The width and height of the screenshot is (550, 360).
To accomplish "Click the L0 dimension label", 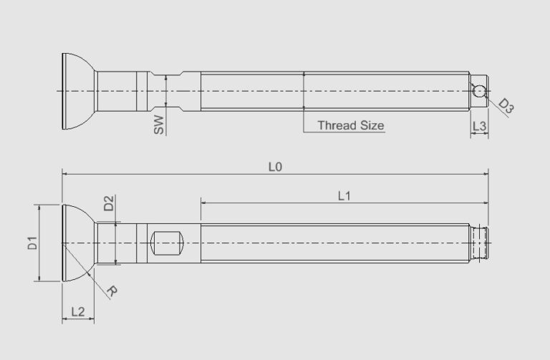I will [x=275, y=166].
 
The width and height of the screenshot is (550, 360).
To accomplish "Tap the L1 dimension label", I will [x=344, y=195].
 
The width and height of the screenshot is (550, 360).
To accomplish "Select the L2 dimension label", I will [x=79, y=311].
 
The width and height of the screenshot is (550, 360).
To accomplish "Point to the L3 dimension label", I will [x=480, y=126].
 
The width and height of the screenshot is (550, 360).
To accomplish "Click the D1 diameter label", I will [x=32, y=243].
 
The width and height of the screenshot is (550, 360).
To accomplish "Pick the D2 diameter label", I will [x=108, y=203].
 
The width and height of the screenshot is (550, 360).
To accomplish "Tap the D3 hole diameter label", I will [x=506, y=107].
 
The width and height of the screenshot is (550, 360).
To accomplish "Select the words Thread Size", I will [x=351, y=125].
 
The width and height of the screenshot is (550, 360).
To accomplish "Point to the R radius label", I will [x=112, y=291].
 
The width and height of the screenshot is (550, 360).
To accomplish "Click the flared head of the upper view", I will [x=77, y=91].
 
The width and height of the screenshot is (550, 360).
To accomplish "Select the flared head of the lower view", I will [x=77, y=243].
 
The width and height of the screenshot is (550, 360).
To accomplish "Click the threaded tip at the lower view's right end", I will [x=481, y=243].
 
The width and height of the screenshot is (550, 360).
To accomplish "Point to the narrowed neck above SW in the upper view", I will [x=165, y=91].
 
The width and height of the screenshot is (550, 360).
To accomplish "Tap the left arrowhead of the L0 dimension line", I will [x=65, y=173].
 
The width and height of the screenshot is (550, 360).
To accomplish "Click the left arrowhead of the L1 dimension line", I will [x=204, y=203].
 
